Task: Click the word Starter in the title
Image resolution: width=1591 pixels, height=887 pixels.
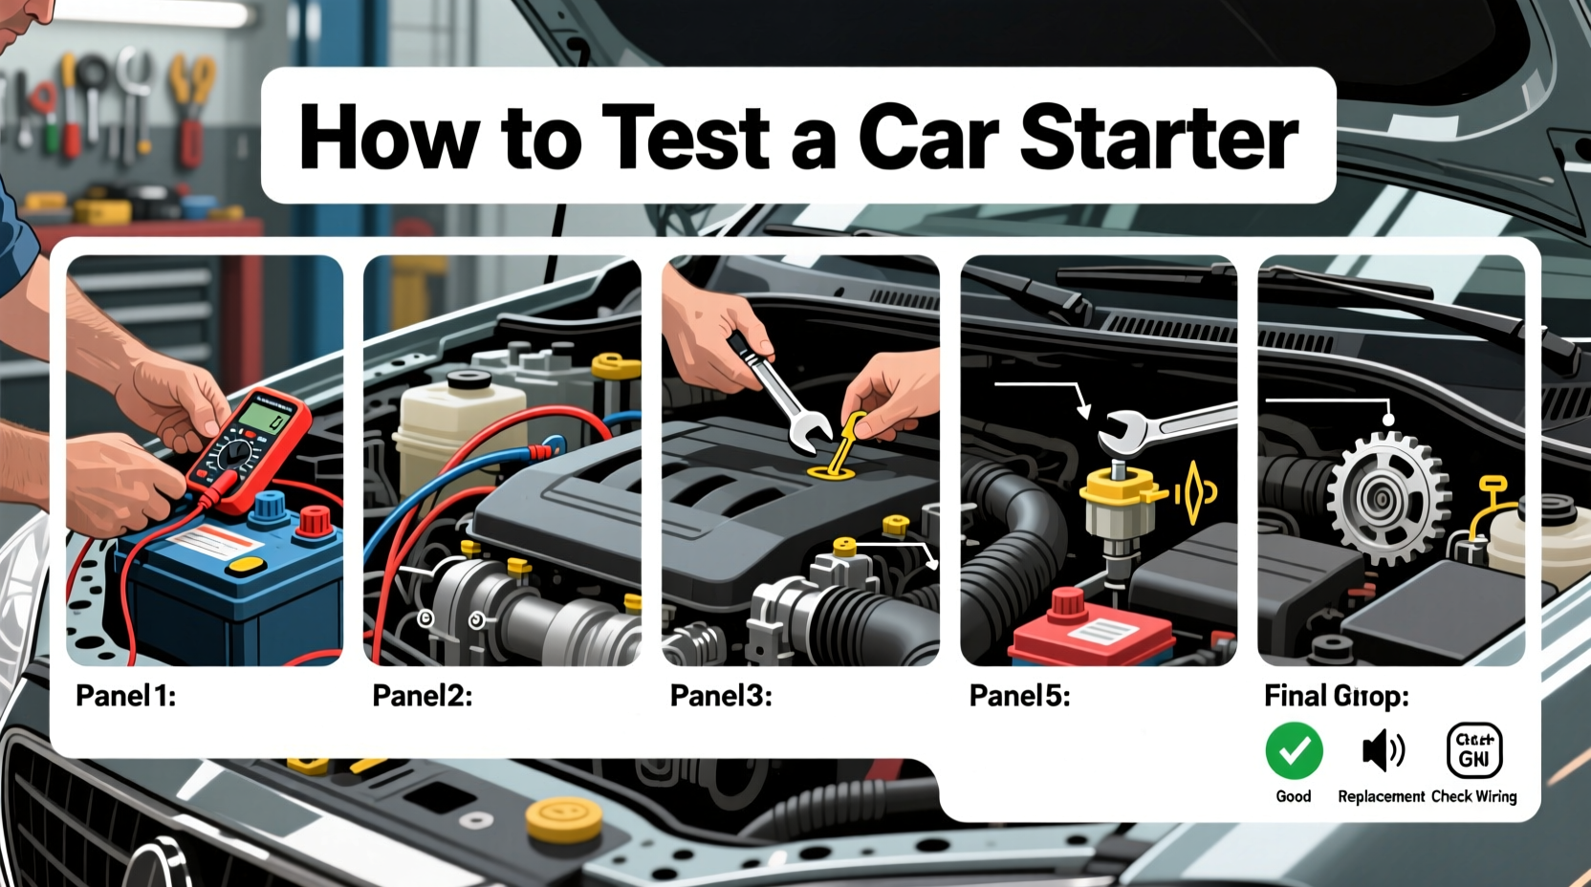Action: click(1159, 137)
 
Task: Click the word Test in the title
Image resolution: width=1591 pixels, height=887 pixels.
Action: click(686, 137)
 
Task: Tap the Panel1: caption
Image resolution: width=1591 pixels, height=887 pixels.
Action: click(125, 696)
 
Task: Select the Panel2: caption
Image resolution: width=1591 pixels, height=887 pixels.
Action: click(422, 696)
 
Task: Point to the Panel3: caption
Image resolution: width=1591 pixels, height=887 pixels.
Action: click(720, 696)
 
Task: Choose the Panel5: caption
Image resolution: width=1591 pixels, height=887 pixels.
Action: click(1019, 696)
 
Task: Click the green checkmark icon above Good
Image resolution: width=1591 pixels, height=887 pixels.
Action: click(1294, 751)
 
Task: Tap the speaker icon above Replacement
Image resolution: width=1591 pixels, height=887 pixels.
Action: click(1383, 751)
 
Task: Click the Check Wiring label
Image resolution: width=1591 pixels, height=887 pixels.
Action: click(1473, 796)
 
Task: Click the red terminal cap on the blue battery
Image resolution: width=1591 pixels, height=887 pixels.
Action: click(314, 521)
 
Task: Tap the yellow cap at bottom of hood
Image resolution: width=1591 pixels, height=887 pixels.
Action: click(564, 818)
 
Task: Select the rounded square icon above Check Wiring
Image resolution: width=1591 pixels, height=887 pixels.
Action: click(1473, 750)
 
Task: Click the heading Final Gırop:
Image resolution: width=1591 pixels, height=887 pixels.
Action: click(1336, 696)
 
